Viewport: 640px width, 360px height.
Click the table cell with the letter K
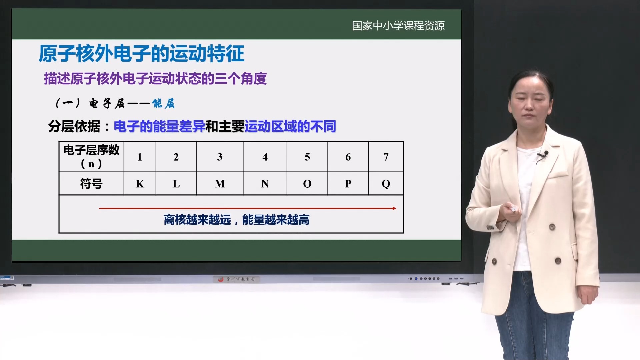[x=140, y=184]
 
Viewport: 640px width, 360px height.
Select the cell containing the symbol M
[x=220, y=184]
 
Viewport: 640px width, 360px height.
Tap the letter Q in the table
[x=386, y=184]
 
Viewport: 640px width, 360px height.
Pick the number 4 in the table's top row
[x=265, y=157]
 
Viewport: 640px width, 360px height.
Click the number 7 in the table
[x=386, y=157]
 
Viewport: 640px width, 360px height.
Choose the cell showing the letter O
[x=307, y=184]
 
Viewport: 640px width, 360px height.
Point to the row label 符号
[x=91, y=184]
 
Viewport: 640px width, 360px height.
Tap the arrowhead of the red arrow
[x=394, y=208]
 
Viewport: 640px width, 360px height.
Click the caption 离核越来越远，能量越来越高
[x=236, y=220]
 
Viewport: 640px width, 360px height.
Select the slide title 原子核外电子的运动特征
[x=141, y=54]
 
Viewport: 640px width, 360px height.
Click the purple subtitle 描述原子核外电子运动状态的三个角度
[x=155, y=79]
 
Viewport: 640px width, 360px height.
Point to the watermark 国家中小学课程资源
[x=398, y=26]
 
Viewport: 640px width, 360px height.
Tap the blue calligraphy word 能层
[x=163, y=104]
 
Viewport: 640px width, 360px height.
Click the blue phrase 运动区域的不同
[x=290, y=127]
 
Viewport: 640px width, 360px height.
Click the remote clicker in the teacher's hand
[x=514, y=209]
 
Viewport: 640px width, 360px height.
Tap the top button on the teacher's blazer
[x=552, y=227]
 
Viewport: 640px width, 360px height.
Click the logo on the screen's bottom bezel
[x=236, y=279]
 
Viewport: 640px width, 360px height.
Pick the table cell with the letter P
[x=348, y=184]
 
